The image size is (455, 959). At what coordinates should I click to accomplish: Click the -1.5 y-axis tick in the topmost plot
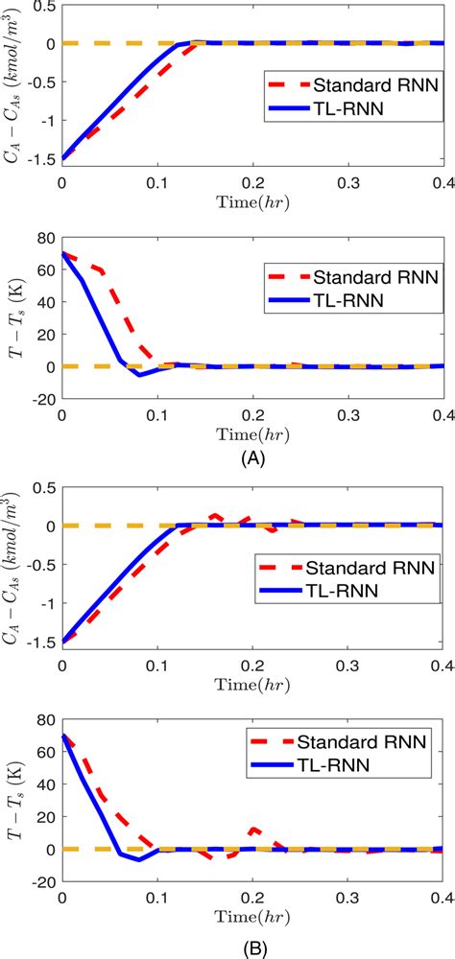click(x=40, y=159)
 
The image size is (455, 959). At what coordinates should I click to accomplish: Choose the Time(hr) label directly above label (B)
click(x=252, y=917)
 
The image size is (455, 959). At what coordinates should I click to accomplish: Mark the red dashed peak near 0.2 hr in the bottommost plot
click(x=253, y=829)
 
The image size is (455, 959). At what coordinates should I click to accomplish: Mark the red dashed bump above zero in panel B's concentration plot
click(x=215, y=516)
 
